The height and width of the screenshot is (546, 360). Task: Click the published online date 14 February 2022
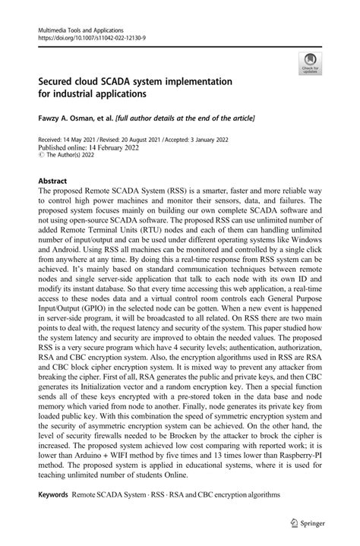[x=107, y=150]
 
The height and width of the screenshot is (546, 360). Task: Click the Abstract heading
[x=53, y=181]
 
